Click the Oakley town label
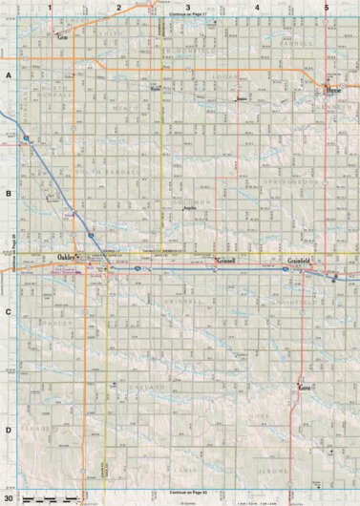tap(66, 258)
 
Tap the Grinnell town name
tap(226, 261)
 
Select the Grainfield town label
tap(302, 261)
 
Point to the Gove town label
tap(305, 389)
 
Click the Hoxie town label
tap(333, 92)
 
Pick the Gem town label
tap(64, 37)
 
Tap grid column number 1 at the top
tap(49, 7)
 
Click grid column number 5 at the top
tap(327, 7)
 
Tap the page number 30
tap(9, 498)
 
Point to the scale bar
tap(53, 499)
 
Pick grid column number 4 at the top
tap(257, 7)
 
